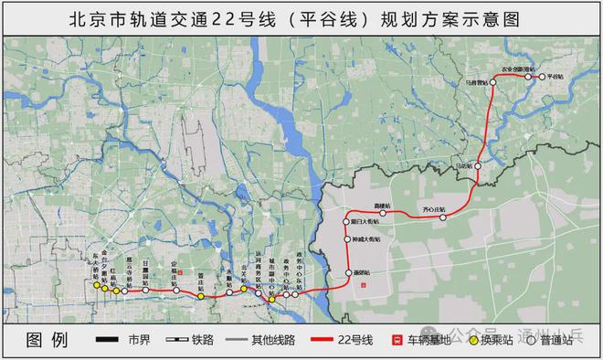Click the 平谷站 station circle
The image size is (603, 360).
[x=541, y=78]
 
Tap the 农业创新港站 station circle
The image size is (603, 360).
[x=527, y=78]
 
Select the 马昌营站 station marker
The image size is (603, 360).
[x=492, y=81]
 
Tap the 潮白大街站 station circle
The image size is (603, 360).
[x=349, y=221]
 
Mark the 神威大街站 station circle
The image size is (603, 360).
[x=349, y=241]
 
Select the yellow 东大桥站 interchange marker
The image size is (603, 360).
[x=95, y=285]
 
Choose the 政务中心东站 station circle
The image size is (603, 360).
[x=297, y=294]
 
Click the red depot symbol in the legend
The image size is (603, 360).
[x=397, y=340]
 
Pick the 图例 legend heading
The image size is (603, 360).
[x=48, y=340]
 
